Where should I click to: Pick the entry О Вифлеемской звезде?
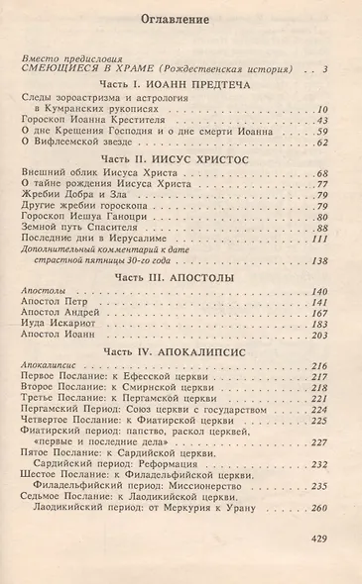77,145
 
